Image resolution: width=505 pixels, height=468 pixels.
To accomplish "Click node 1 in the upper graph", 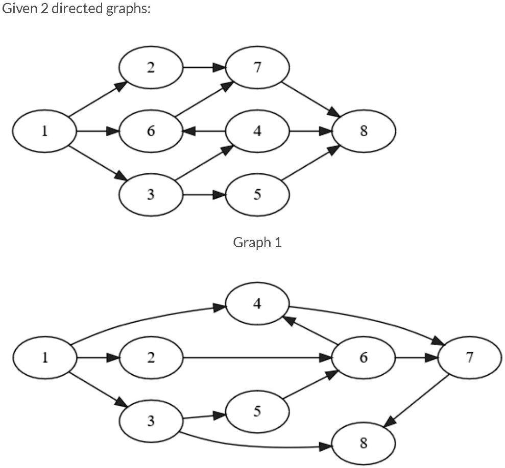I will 45,132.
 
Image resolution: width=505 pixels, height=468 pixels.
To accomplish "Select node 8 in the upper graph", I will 364,132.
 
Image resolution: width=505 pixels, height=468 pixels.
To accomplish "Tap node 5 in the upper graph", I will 257,195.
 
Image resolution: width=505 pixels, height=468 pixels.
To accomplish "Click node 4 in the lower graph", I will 257,304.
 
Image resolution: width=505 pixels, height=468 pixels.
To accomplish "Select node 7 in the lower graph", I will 469,358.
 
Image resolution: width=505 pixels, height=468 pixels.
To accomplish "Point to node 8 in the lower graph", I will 364,443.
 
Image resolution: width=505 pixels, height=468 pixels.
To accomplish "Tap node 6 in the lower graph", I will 364,358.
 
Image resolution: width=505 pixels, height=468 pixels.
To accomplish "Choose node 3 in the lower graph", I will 151,421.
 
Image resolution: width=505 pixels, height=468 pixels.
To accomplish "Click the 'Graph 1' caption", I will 257,242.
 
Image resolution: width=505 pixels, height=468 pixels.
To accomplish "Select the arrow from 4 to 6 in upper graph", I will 204,132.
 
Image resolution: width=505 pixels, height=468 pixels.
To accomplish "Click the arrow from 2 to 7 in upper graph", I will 204,68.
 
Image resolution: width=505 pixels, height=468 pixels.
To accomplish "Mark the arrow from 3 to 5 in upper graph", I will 204,195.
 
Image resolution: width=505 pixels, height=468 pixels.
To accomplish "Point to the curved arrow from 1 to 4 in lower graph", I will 148,319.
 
